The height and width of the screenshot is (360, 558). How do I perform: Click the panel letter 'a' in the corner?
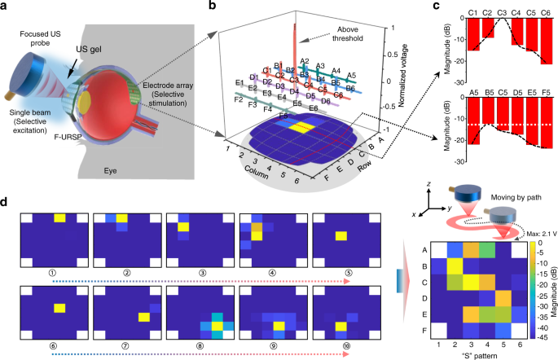click(7, 7)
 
